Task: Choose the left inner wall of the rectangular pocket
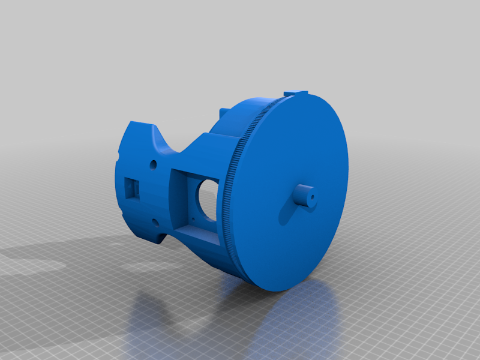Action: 178,198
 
